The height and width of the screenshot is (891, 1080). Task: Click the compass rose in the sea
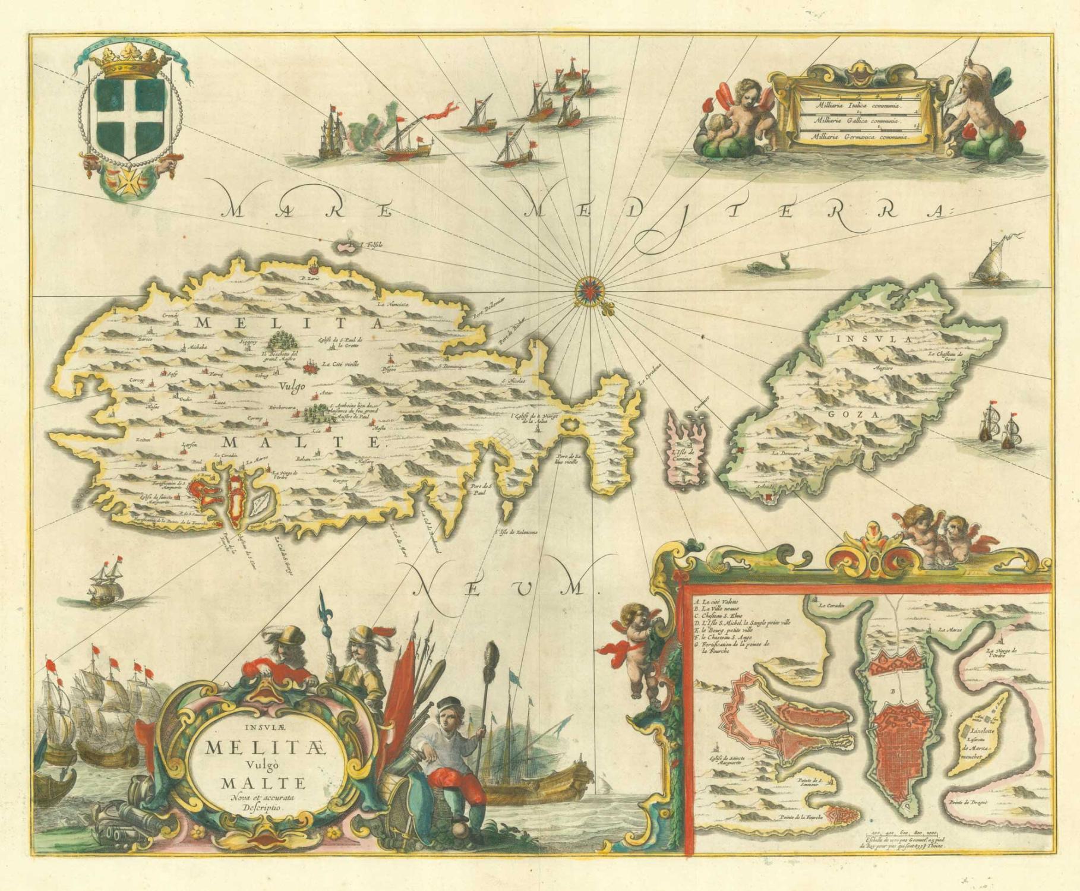tap(589, 290)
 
